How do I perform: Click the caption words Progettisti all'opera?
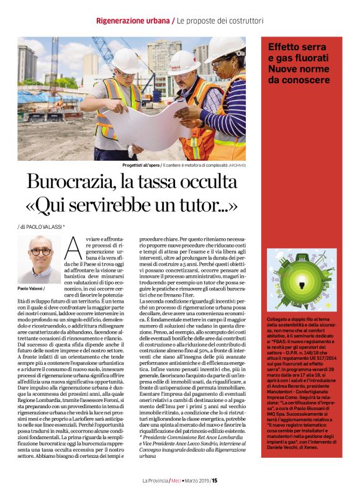coord(142,166)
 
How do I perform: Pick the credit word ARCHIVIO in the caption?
coord(237,166)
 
